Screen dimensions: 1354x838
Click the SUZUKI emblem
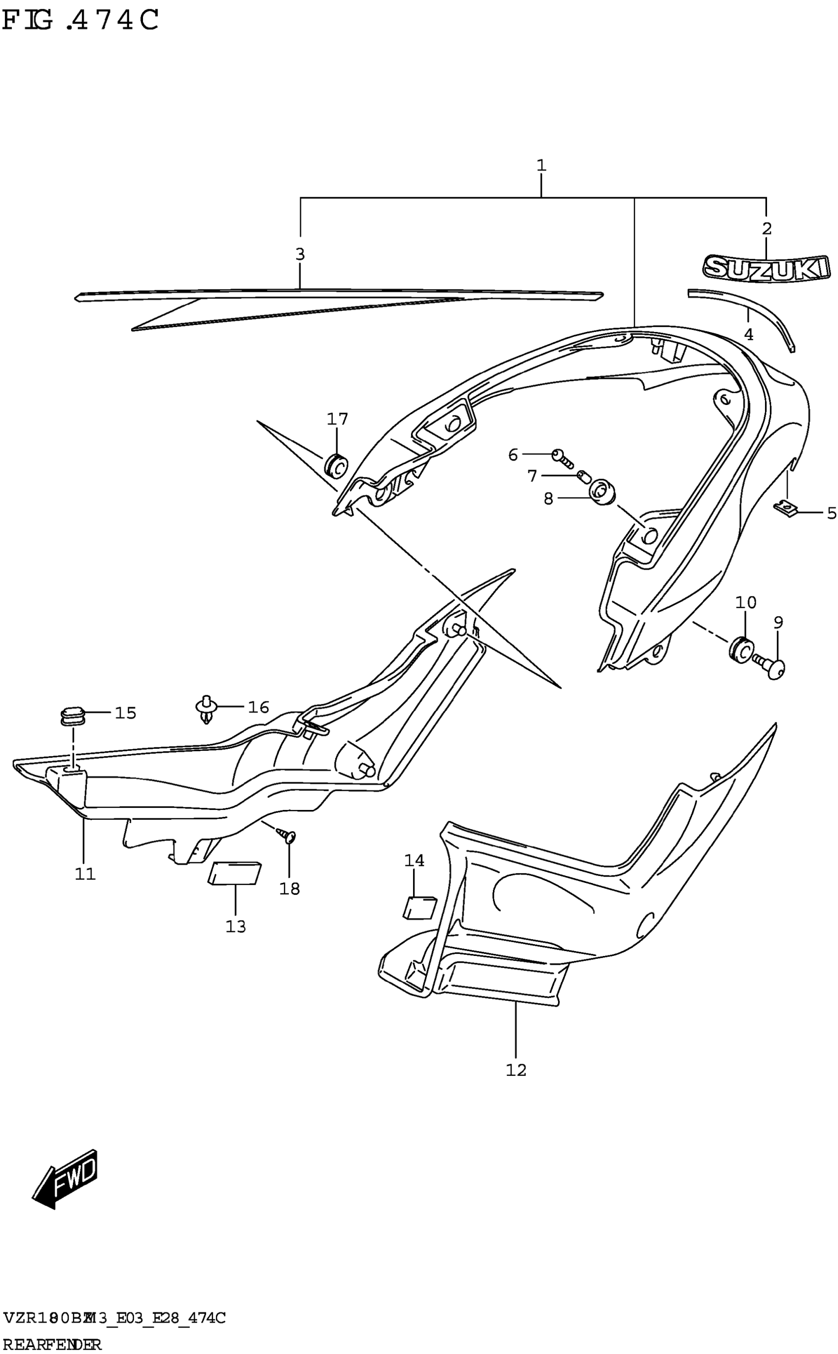[767, 268]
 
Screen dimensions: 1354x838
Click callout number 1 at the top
[541, 165]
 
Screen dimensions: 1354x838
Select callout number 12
[516, 1069]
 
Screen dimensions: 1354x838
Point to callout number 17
[337, 419]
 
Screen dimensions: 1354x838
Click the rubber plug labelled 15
[71, 715]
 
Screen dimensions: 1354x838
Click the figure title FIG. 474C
[81, 21]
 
